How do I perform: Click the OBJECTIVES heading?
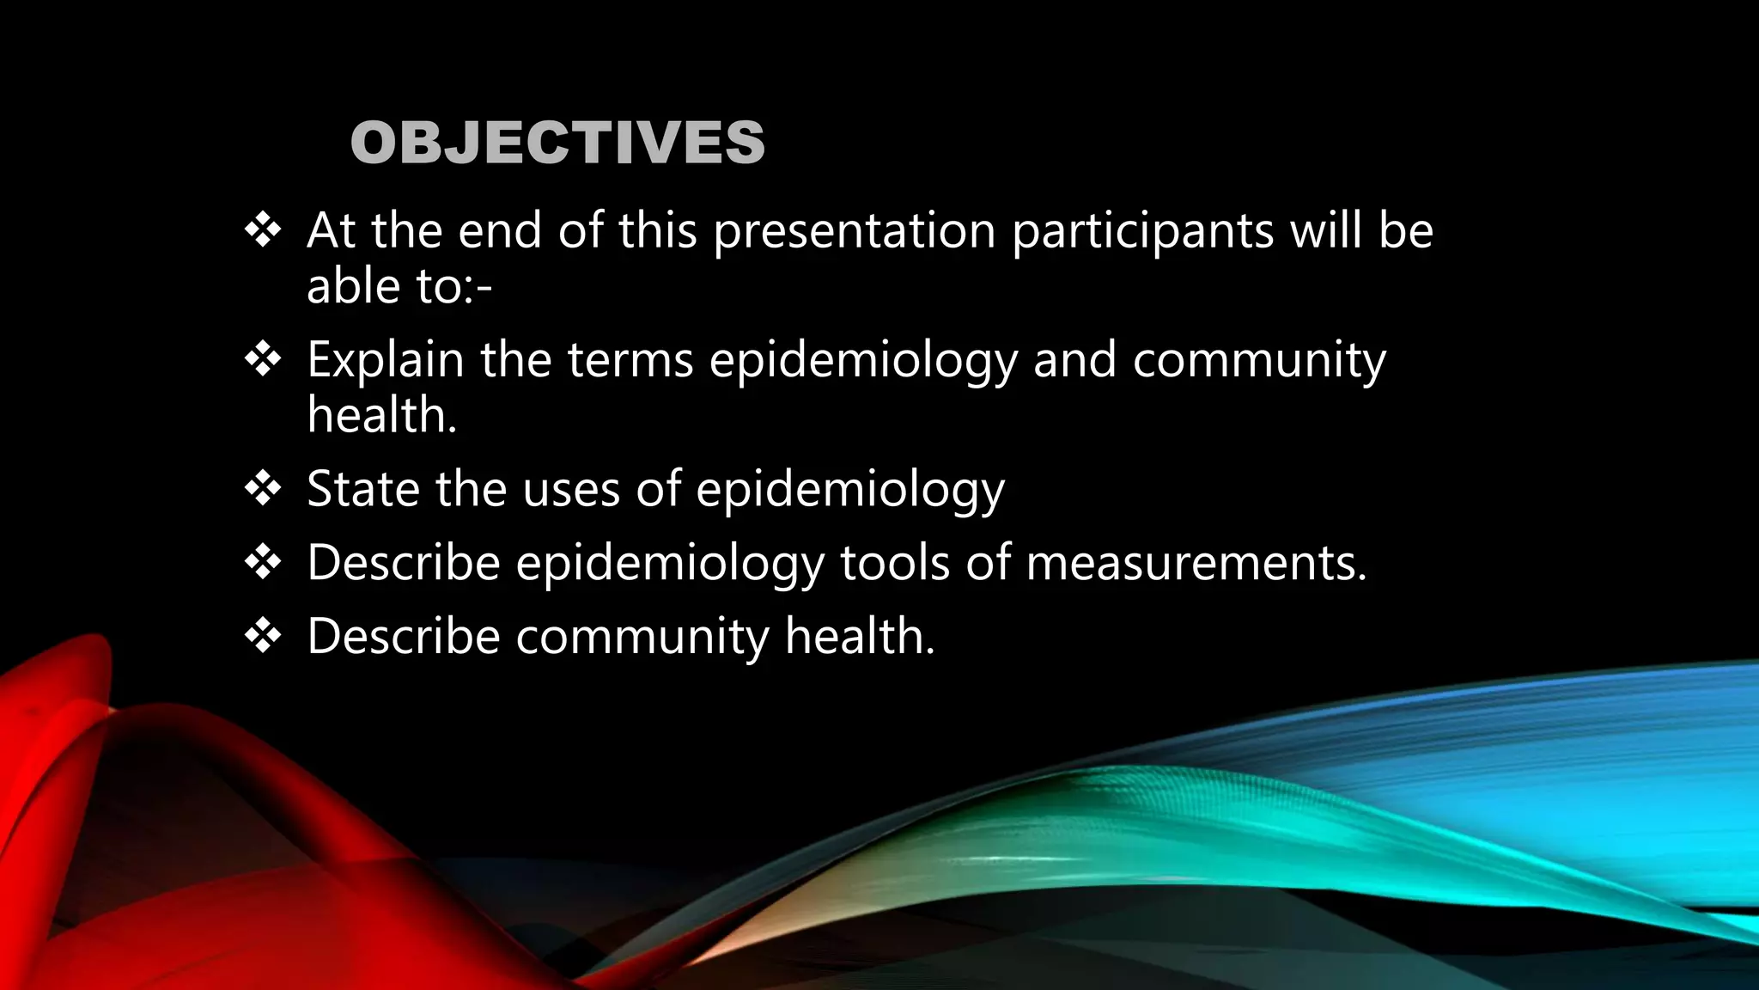pos(557,143)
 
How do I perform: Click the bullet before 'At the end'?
pos(263,230)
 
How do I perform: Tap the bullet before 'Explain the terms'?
pos(263,359)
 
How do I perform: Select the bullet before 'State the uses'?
pos(263,489)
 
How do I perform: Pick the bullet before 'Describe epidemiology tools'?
pos(263,563)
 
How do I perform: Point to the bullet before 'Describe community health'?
pos(263,637)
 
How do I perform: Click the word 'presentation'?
pos(855,232)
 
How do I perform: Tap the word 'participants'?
pos(1142,232)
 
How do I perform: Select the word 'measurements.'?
pos(1196,563)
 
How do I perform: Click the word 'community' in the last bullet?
pos(642,637)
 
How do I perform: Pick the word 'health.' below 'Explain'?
pos(382,415)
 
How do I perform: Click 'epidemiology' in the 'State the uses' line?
pos(849,491)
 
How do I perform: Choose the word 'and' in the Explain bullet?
pos(1074,360)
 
